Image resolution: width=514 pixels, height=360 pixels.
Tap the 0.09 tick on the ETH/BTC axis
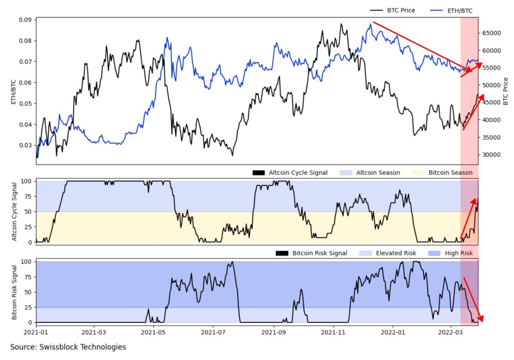24,20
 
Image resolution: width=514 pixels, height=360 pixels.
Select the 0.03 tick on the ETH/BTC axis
24,146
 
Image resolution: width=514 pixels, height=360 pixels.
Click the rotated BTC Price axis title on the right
506,92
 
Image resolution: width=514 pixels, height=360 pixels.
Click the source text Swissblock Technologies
67,347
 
